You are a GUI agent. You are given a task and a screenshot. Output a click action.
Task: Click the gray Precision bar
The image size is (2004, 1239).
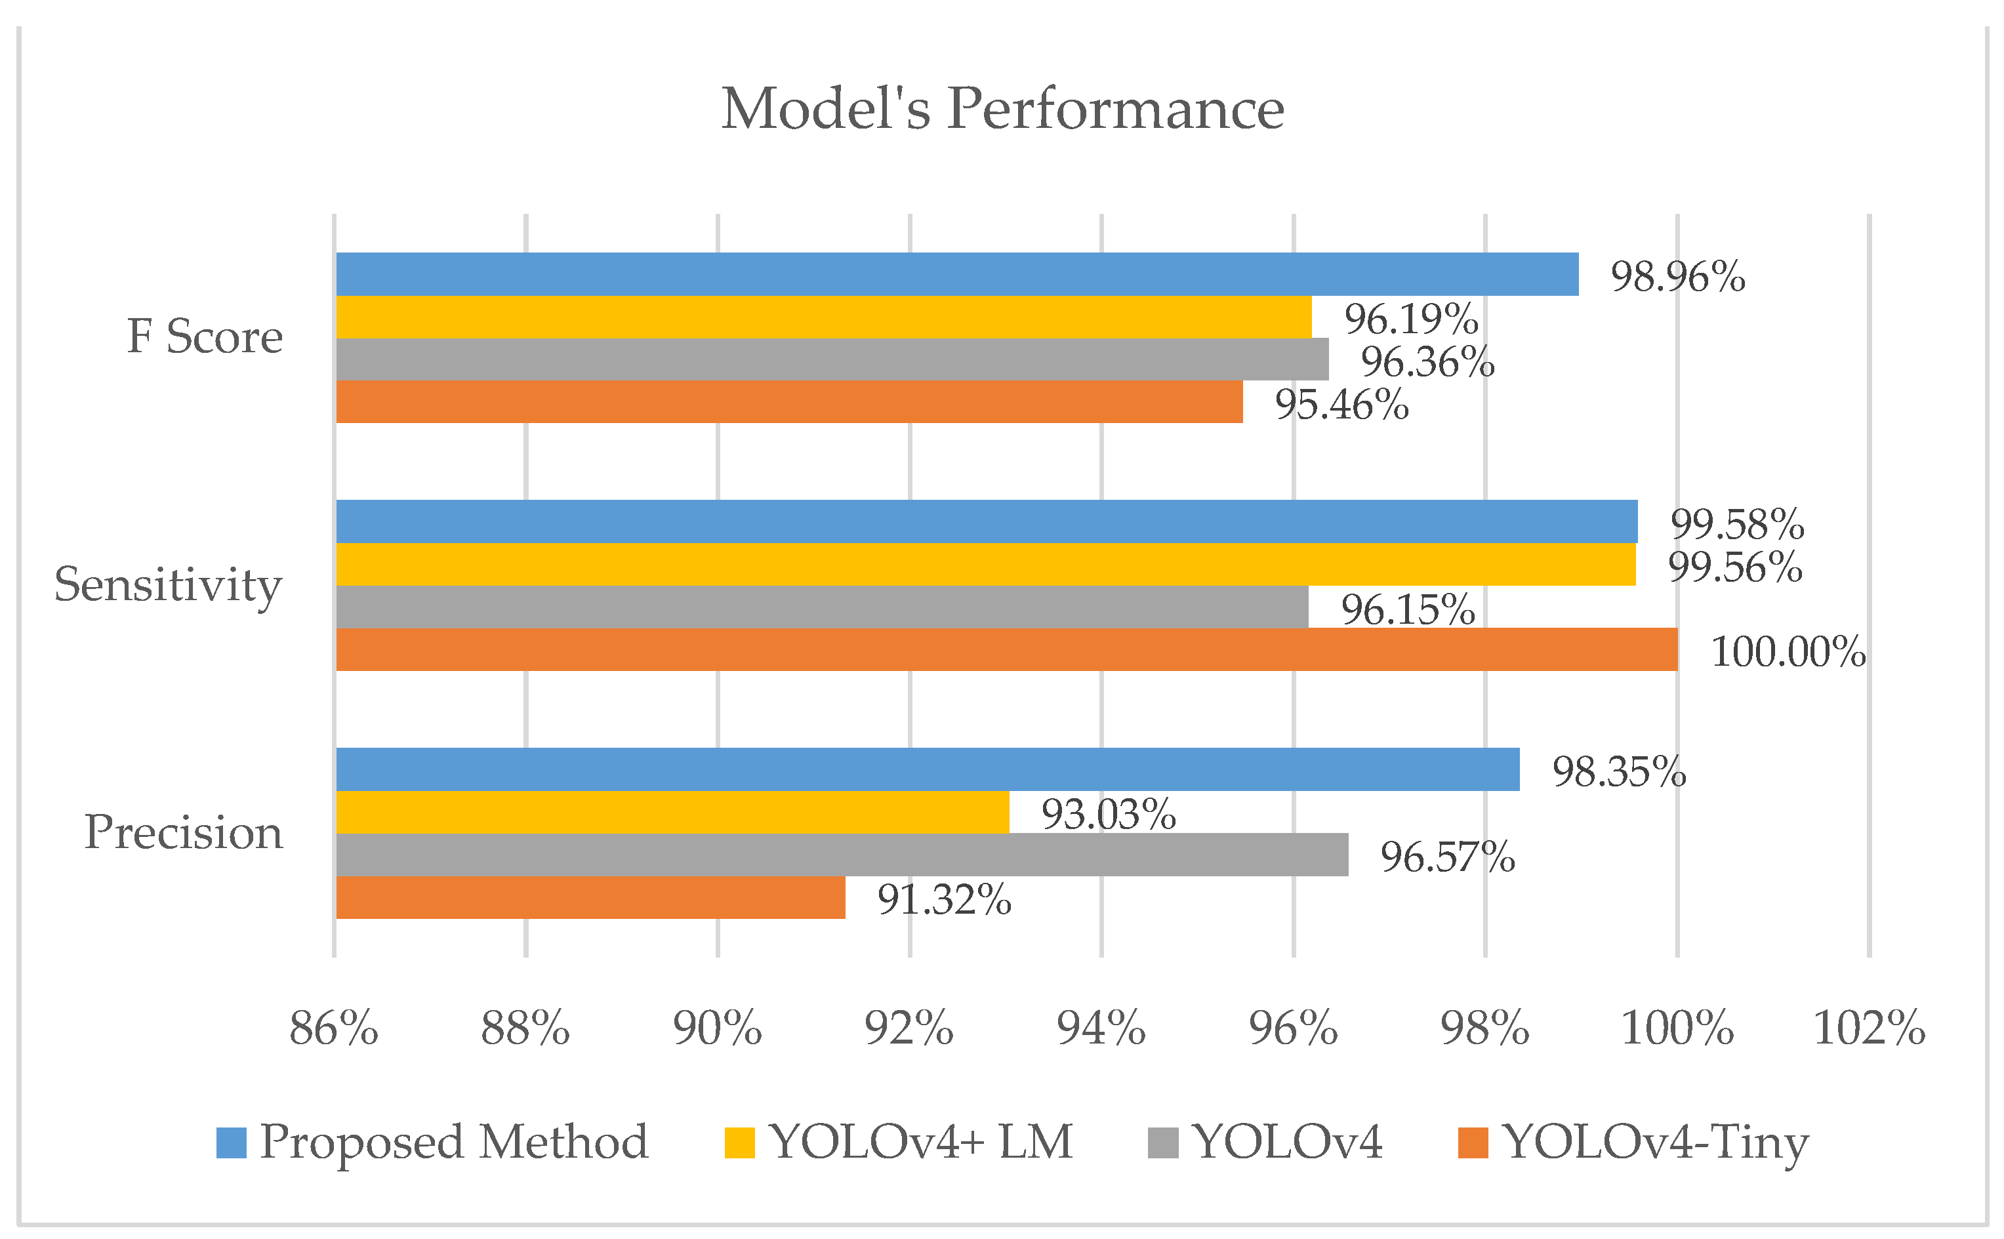pyautogui.click(x=842, y=855)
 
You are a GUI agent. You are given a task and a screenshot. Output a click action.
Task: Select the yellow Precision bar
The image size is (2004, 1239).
pyautogui.click(x=672, y=812)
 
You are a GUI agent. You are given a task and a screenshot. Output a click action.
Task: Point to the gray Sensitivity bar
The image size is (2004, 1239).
pyautogui.click(x=822, y=607)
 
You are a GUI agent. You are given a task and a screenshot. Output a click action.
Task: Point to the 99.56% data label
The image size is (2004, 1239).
pyautogui.click(x=1734, y=567)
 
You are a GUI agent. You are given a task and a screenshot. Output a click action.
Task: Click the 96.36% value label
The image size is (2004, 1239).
pyautogui.click(x=1427, y=362)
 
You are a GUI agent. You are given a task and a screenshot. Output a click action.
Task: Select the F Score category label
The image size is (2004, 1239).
pyautogui.click(x=204, y=336)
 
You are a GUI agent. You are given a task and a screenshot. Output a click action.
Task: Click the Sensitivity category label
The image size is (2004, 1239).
pyautogui.click(x=168, y=584)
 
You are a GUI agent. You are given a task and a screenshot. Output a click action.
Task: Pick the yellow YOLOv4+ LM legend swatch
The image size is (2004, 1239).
pyautogui.click(x=739, y=1143)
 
